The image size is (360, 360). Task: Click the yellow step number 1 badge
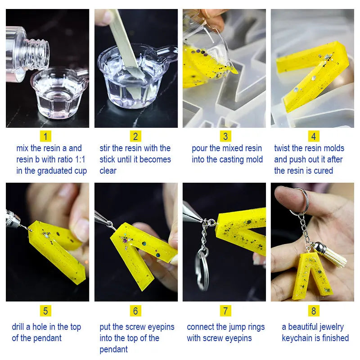pyautogui.click(x=45, y=136)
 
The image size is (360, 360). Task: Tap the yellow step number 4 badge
pyautogui.click(x=314, y=136)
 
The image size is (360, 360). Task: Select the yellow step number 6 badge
pyautogui.click(x=135, y=310)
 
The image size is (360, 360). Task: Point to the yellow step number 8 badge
pyautogui.click(x=314, y=310)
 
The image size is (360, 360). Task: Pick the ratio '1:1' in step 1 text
pyautogui.click(x=80, y=159)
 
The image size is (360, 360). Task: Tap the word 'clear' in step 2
pyautogui.click(x=108, y=171)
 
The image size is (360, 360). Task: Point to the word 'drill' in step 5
pyautogui.click(x=18, y=327)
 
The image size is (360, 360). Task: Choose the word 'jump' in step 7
pyautogui.click(x=235, y=327)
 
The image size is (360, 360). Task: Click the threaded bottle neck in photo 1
pyautogui.click(x=37, y=54)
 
